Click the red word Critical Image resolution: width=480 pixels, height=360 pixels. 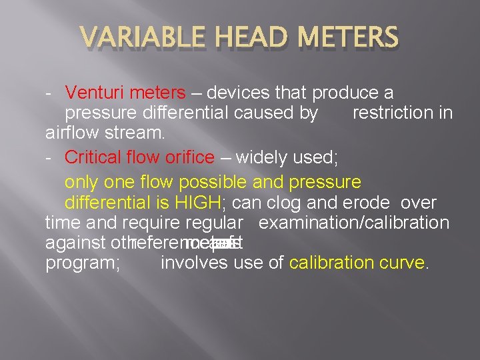click(91, 158)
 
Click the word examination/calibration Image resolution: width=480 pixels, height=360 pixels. click(353, 223)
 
